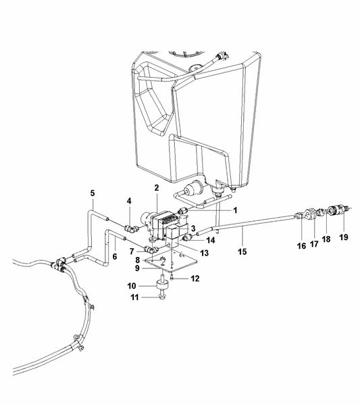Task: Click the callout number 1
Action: point(235,210)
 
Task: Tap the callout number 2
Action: point(157,188)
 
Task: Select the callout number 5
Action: point(93,193)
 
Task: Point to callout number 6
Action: point(115,256)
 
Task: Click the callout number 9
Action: point(137,268)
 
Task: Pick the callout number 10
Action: point(131,286)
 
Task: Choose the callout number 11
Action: point(134,297)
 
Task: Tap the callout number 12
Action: point(195,279)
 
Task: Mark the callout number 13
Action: point(205,253)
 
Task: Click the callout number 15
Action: point(242,252)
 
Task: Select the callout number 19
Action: point(344,237)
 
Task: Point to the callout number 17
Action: point(314,243)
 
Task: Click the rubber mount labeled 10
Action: point(162,286)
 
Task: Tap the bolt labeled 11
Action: point(161,296)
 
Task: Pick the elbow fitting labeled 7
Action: point(151,249)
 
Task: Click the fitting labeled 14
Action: point(187,237)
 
